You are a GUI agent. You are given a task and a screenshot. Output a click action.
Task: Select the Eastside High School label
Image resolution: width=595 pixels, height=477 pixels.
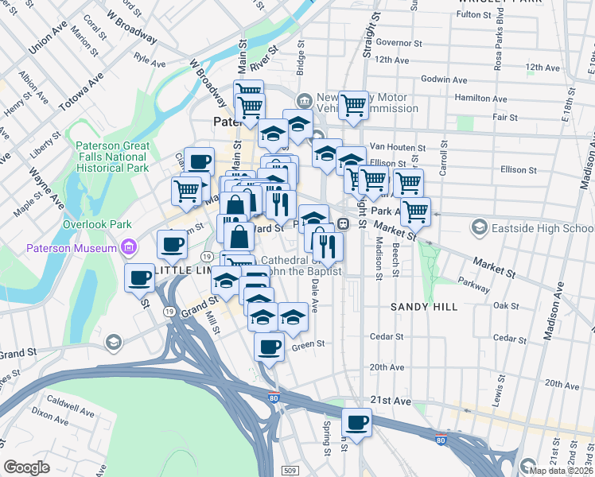tap(541, 228)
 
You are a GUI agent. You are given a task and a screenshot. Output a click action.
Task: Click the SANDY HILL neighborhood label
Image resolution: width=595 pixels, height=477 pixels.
tap(420, 306)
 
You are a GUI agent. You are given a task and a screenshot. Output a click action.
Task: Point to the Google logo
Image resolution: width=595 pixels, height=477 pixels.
tap(26, 467)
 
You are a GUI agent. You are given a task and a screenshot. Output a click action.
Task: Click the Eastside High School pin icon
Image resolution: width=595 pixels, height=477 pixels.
tap(479, 229)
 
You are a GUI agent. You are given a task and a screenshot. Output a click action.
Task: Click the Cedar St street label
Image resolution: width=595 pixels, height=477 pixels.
tap(387, 336)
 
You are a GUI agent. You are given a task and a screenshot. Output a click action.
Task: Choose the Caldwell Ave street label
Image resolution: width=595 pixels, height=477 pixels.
tap(71, 401)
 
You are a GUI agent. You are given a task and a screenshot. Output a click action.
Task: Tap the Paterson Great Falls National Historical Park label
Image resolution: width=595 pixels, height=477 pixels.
tap(112, 157)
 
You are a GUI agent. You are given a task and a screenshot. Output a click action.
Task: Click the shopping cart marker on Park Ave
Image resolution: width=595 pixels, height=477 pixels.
tap(415, 211)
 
